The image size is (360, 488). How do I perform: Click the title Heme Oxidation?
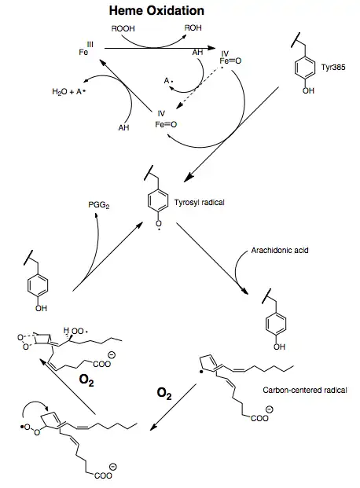click(156, 10)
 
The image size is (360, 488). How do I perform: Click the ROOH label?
click(123, 28)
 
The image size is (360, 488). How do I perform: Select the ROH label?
click(193, 28)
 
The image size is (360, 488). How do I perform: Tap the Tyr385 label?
click(333, 68)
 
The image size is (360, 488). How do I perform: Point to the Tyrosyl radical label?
click(200, 203)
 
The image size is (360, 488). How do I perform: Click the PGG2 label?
click(99, 205)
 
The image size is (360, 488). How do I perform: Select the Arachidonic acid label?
click(280, 250)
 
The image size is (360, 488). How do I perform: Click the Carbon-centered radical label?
click(304, 391)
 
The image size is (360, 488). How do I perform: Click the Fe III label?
click(86, 50)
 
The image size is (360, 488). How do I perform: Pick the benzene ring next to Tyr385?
click(304, 68)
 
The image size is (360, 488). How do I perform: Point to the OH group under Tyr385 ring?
click(308, 90)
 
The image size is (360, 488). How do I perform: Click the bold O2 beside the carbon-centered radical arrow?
click(164, 394)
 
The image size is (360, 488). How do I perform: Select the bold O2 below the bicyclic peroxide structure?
click(86, 380)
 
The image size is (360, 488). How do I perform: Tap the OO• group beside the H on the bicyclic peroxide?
click(79, 331)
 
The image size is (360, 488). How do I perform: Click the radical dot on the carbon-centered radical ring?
click(202, 372)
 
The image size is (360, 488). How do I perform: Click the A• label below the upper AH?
click(168, 81)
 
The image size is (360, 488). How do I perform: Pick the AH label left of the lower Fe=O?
click(123, 127)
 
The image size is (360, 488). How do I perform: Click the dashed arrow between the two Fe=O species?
click(200, 88)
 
